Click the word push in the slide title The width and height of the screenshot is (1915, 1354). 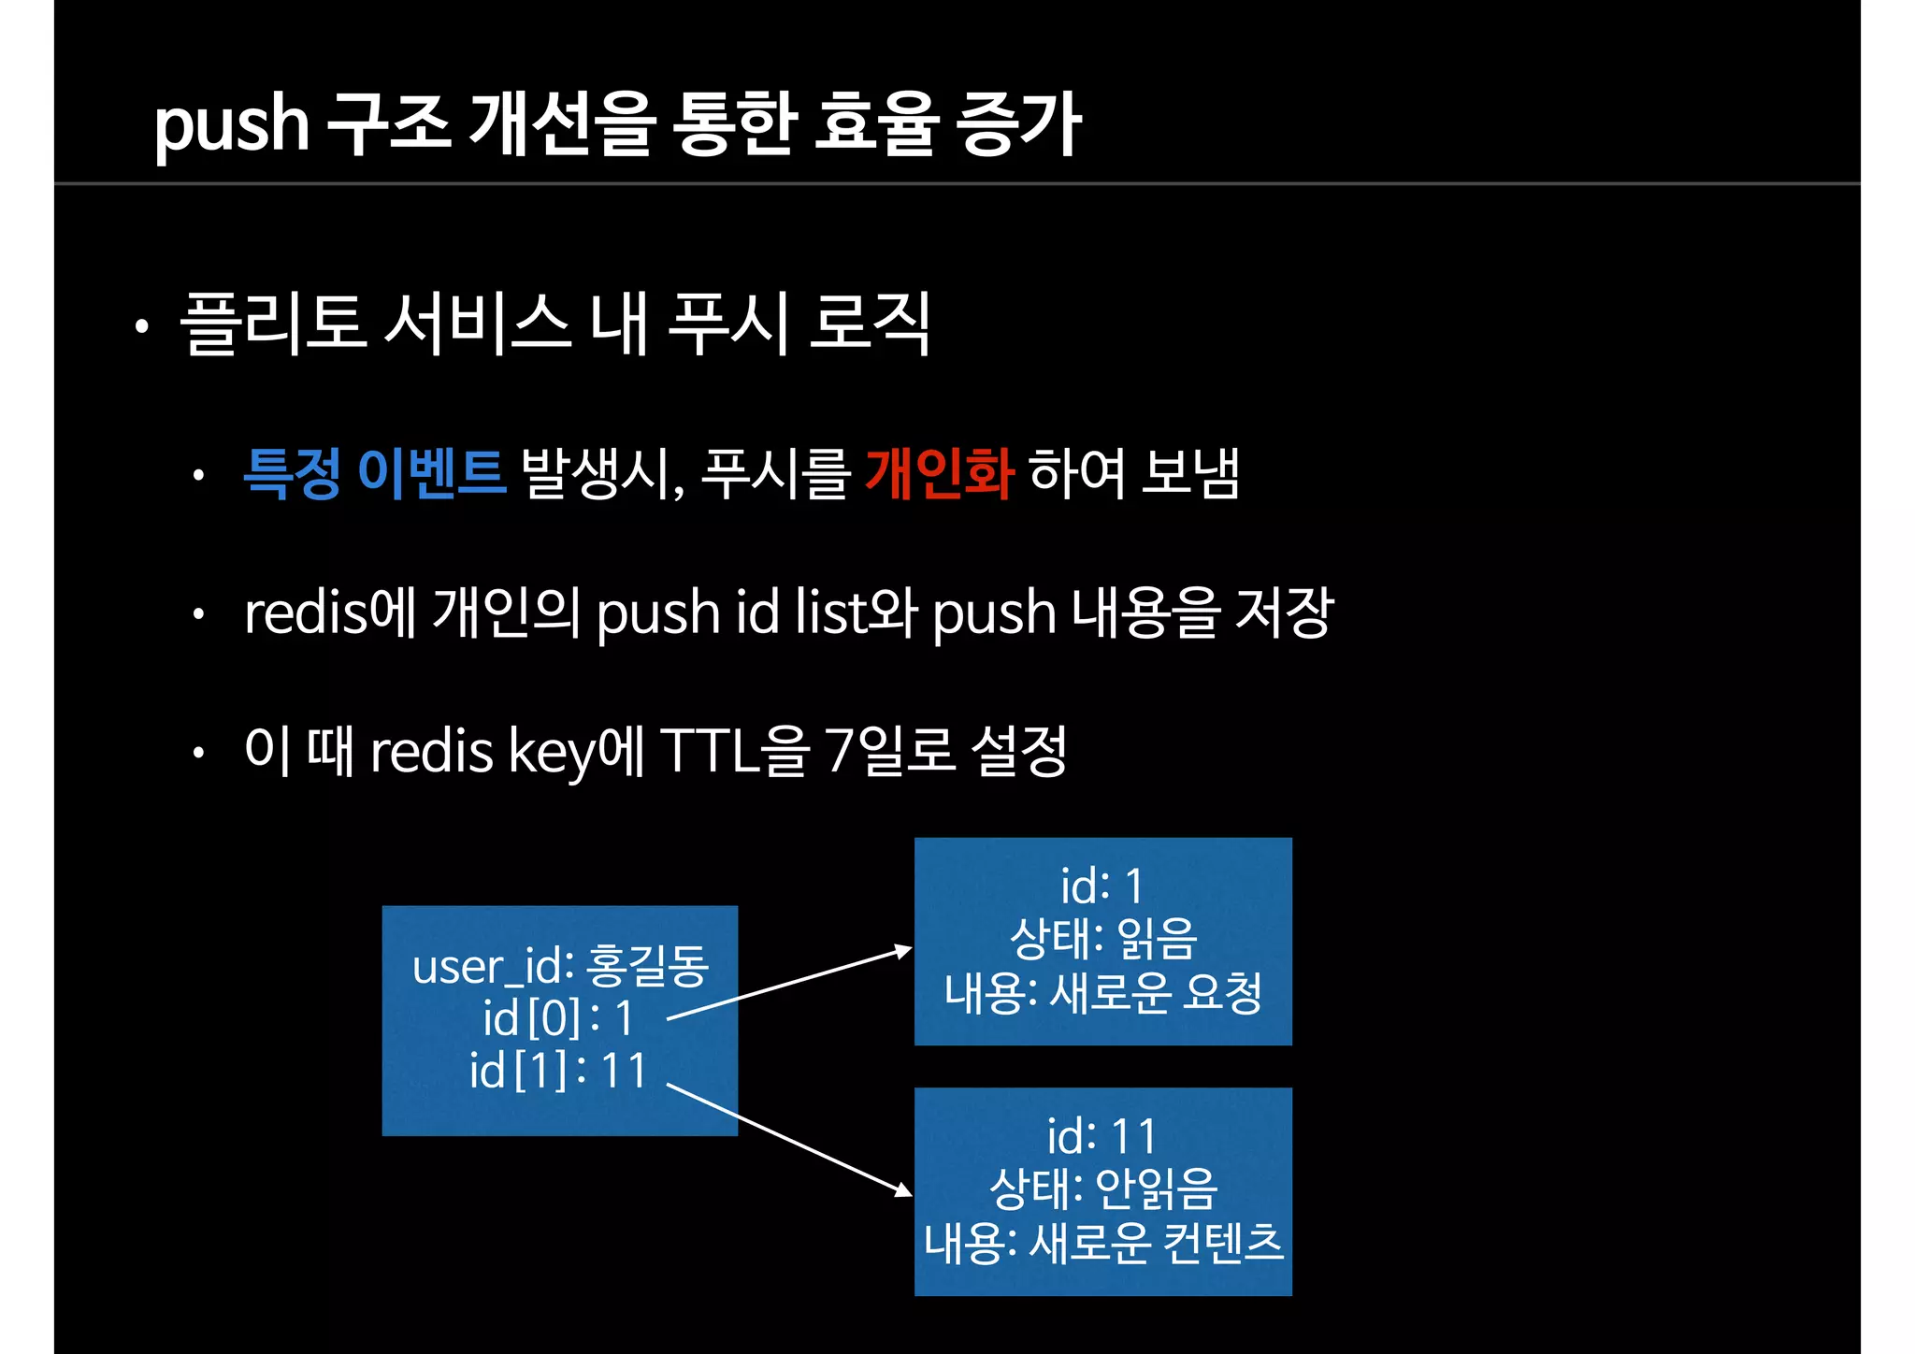coord(231,126)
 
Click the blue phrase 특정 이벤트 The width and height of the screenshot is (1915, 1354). coord(374,473)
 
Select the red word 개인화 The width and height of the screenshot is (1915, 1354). coord(939,473)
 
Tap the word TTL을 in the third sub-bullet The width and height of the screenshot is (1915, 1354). coord(734,751)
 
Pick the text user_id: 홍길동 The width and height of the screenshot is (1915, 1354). coord(560,966)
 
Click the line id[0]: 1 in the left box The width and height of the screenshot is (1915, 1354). coord(558,1018)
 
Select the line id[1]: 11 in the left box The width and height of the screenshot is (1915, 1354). coord(558,1071)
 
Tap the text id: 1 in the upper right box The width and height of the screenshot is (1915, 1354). coord(1101,886)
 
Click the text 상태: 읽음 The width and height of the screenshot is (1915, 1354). coord(1103,939)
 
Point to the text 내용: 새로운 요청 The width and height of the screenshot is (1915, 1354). coord(1103,993)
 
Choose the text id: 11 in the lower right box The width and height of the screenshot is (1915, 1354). coord(1101,1137)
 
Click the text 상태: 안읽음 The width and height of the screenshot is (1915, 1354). coord(1103,1189)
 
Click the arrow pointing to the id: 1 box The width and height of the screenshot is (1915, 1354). coord(790,984)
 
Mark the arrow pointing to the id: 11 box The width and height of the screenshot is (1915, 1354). coord(790,1139)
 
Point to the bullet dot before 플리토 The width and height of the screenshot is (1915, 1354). coord(141,327)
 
